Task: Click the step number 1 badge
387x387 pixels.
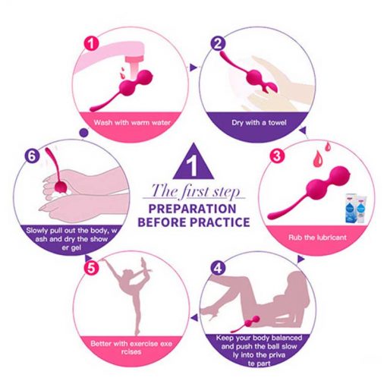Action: pyautogui.click(x=91, y=43)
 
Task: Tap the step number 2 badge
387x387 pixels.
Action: pyautogui.click(x=218, y=43)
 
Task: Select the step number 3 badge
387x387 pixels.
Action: pyautogui.click(x=277, y=156)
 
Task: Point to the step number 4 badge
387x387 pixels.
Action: pyautogui.click(x=218, y=268)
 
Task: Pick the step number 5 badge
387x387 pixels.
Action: pyautogui.click(x=91, y=268)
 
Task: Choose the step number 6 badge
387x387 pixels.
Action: pyautogui.click(x=32, y=156)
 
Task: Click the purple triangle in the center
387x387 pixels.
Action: pyautogui.click(x=193, y=162)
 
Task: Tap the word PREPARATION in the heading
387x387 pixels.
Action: pyautogui.click(x=192, y=209)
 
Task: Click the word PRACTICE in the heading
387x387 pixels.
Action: pyautogui.click(x=220, y=222)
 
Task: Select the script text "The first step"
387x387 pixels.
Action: pyautogui.click(x=194, y=191)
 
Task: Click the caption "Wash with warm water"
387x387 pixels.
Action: pyautogui.click(x=132, y=123)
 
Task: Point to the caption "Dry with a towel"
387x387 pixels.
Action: pyautogui.click(x=259, y=123)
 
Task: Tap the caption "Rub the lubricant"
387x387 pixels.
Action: pyautogui.click(x=317, y=238)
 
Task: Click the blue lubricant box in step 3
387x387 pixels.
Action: pyautogui.click(x=354, y=208)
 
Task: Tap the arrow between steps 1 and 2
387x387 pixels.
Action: pyautogui.click(x=193, y=67)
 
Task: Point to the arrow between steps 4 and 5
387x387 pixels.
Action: pyautogui.click(x=194, y=318)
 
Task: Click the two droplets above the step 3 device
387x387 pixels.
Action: pyautogui.click(x=322, y=153)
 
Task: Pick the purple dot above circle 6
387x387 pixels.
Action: pyautogui.click(x=83, y=132)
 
